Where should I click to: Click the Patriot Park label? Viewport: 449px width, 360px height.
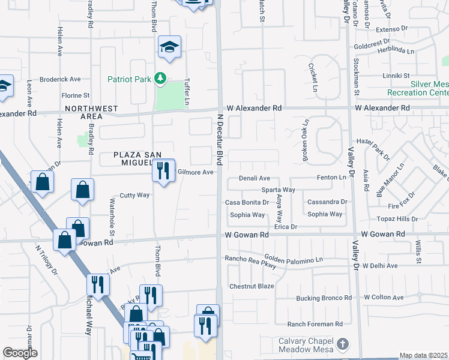(129, 79)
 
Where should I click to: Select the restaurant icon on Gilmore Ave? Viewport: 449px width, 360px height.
(162, 172)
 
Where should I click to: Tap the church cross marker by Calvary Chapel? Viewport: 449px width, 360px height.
(343, 344)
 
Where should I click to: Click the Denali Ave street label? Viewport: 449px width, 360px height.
(255, 178)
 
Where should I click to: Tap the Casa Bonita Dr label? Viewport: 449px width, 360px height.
(246, 202)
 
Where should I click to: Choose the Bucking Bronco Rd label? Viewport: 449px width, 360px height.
(324, 298)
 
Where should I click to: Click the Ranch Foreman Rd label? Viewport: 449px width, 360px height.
(315, 324)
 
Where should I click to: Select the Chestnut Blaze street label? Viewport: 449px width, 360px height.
(252, 286)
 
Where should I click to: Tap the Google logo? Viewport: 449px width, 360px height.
(20, 353)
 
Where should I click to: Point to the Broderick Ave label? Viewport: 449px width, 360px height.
(60, 79)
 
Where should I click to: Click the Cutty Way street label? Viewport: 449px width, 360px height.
(134, 195)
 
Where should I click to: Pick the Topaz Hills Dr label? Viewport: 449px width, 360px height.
(397, 219)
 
